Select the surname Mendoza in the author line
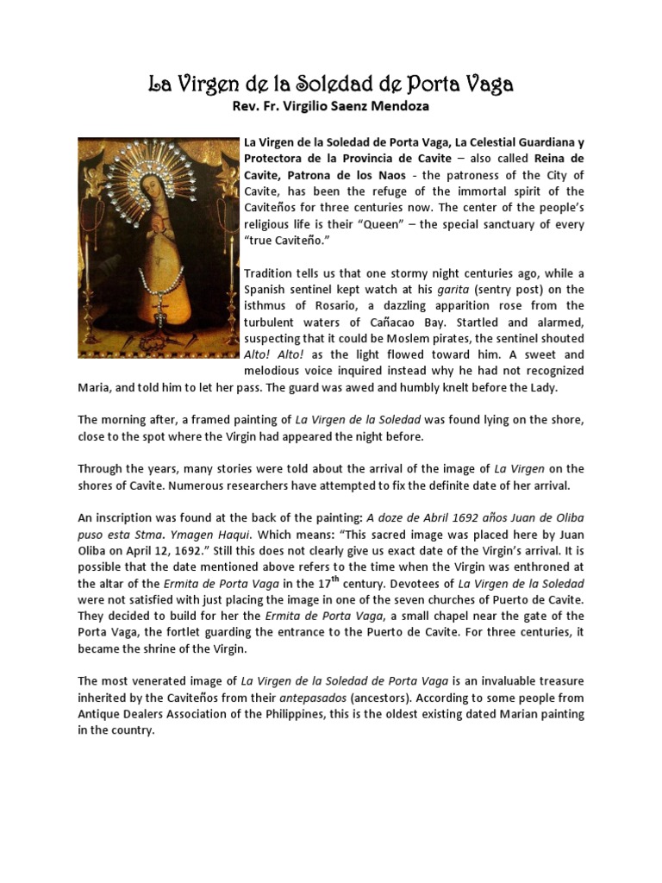point(389,108)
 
